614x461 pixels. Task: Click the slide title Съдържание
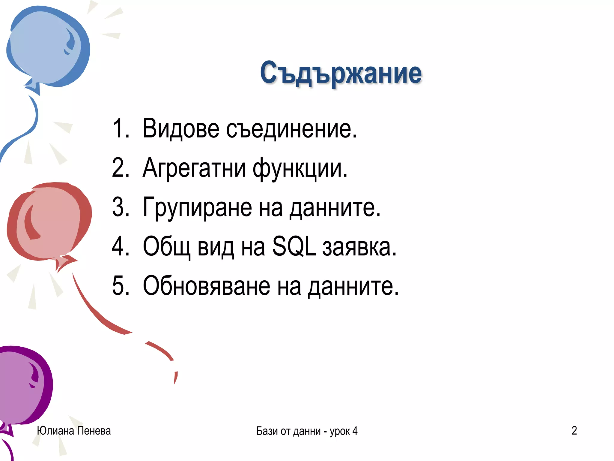click(341, 73)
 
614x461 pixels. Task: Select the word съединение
click(291, 129)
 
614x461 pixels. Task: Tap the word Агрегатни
click(194, 168)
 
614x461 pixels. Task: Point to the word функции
click(300, 169)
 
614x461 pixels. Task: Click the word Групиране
click(197, 207)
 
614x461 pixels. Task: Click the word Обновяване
click(206, 286)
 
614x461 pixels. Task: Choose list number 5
click(121, 286)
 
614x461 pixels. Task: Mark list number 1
click(121, 129)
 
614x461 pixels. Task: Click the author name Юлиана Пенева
click(74, 431)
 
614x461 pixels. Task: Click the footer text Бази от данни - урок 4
click(307, 431)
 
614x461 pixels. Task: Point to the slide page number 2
click(574, 431)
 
